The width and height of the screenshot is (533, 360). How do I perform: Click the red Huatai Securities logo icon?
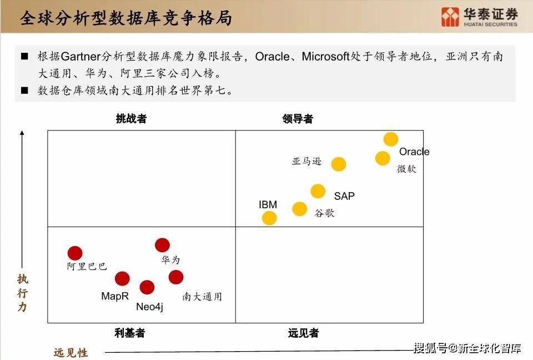click(x=450, y=17)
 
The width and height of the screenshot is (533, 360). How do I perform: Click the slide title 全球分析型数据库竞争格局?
click(x=126, y=18)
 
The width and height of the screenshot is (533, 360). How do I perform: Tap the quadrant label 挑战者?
click(x=131, y=119)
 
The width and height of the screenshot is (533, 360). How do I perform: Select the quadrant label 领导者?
click(x=298, y=119)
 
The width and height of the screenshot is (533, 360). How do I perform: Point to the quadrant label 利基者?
click(x=130, y=333)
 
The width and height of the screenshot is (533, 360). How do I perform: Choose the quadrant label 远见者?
click(x=303, y=333)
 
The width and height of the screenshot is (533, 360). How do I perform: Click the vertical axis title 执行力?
click(x=22, y=293)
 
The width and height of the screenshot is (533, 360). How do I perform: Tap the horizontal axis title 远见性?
click(x=71, y=353)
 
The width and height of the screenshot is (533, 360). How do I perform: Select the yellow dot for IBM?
click(x=269, y=218)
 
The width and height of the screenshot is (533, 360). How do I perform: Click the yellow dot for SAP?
click(x=318, y=191)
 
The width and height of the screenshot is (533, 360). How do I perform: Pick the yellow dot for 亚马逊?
click(x=339, y=164)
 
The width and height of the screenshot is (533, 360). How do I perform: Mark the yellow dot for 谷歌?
click(x=299, y=209)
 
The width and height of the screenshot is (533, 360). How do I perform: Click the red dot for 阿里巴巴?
click(x=75, y=253)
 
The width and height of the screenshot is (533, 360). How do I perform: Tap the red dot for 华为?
click(x=162, y=246)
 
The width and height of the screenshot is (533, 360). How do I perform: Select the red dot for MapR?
click(x=122, y=279)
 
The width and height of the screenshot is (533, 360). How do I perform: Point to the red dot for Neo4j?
click(x=147, y=287)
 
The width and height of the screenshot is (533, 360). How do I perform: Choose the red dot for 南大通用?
click(x=176, y=277)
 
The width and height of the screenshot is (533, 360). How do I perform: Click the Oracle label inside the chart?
click(x=414, y=152)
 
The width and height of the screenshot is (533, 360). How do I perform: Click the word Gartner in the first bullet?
click(x=81, y=57)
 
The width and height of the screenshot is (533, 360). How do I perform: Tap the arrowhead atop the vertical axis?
click(x=22, y=133)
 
